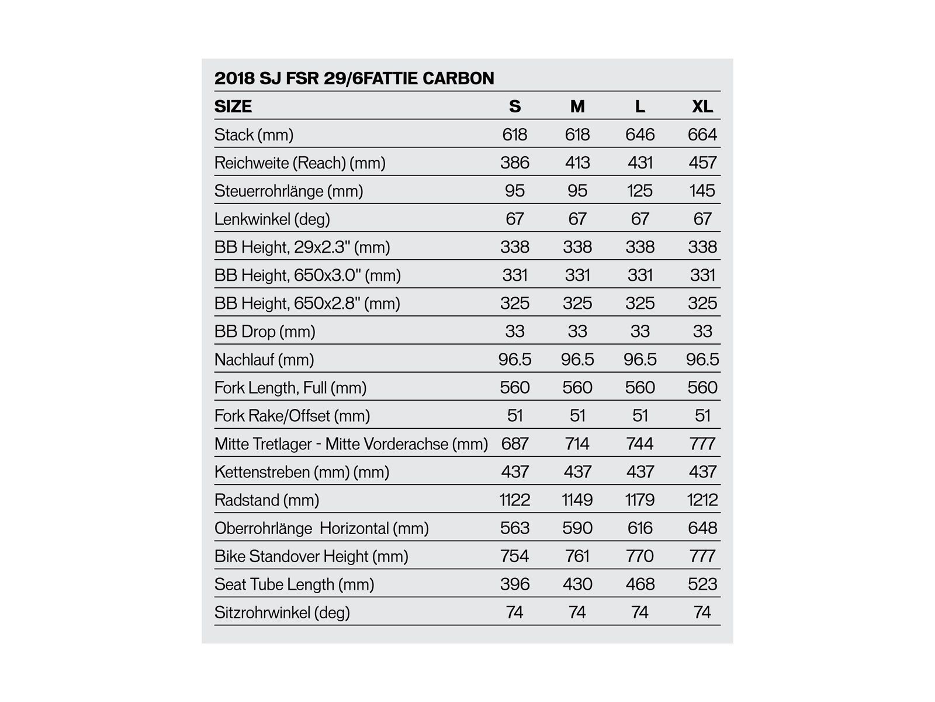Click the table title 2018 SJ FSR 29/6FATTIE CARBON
[354, 78]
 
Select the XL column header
[702, 106]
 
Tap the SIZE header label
[233, 106]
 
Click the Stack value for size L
[640, 135]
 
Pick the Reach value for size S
[514, 163]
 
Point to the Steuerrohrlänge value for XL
[702, 191]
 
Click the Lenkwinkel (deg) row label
[272, 219]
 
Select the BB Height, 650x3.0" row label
[307, 275]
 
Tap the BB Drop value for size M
[577, 331]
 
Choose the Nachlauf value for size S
[514, 359]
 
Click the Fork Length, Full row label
[290, 387]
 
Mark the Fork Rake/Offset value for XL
[702, 415]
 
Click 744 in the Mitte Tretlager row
[640, 443]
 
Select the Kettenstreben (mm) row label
[302, 472]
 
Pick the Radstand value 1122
[514, 500]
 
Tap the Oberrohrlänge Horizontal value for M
[577, 528]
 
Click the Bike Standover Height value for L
[640, 556]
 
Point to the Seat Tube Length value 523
[702, 584]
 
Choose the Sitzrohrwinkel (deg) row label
[282, 612]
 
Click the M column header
[577, 106]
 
